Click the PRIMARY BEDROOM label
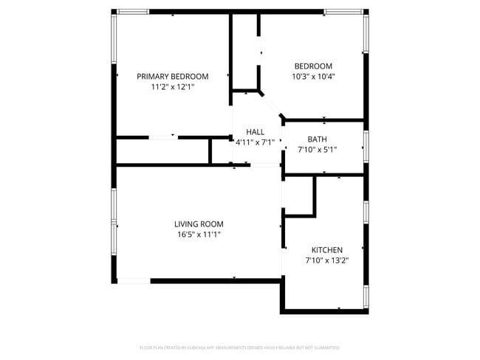172,76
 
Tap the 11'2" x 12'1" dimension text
172,86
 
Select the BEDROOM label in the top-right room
312,66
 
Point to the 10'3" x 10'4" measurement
312,76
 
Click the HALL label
255,132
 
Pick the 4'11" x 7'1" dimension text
255,142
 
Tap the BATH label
317,139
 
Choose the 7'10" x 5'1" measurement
317,149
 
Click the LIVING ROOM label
199,224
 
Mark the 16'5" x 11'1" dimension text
199,235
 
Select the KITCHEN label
326,250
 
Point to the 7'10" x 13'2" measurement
326,260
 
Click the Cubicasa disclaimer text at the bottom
239,347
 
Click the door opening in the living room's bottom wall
134,280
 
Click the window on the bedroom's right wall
366,34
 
